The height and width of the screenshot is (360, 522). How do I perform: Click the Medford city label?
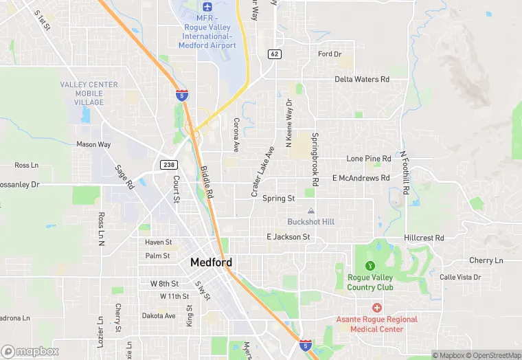(x=211, y=262)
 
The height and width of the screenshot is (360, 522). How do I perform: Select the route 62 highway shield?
(x=274, y=54)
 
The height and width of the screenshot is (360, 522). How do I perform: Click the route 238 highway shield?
(x=168, y=164)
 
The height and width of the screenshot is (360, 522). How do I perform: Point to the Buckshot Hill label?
(x=310, y=222)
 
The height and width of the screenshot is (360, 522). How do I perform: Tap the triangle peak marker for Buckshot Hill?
(x=311, y=211)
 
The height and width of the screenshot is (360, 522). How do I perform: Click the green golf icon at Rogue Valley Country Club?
(x=370, y=266)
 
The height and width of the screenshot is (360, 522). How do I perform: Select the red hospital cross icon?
(x=376, y=308)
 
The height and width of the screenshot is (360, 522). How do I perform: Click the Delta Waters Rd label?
(x=362, y=80)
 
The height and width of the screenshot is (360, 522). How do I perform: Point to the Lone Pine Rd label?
(x=368, y=159)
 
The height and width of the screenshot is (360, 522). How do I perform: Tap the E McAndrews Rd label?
(x=361, y=178)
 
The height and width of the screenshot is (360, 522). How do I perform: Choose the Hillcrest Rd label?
(x=424, y=238)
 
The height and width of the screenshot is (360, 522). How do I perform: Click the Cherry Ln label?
(x=486, y=261)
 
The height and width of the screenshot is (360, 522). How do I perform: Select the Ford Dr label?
(x=330, y=54)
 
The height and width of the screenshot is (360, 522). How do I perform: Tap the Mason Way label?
(x=93, y=145)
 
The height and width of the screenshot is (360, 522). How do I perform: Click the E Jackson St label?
(x=288, y=237)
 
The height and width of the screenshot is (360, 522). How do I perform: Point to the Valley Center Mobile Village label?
(x=89, y=93)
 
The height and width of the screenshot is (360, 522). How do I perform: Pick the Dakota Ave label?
(x=159, y=316)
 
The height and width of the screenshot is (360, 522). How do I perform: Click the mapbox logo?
(x=30, y=351)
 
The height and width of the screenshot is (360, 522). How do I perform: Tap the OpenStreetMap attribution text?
(x=493, y=355)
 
